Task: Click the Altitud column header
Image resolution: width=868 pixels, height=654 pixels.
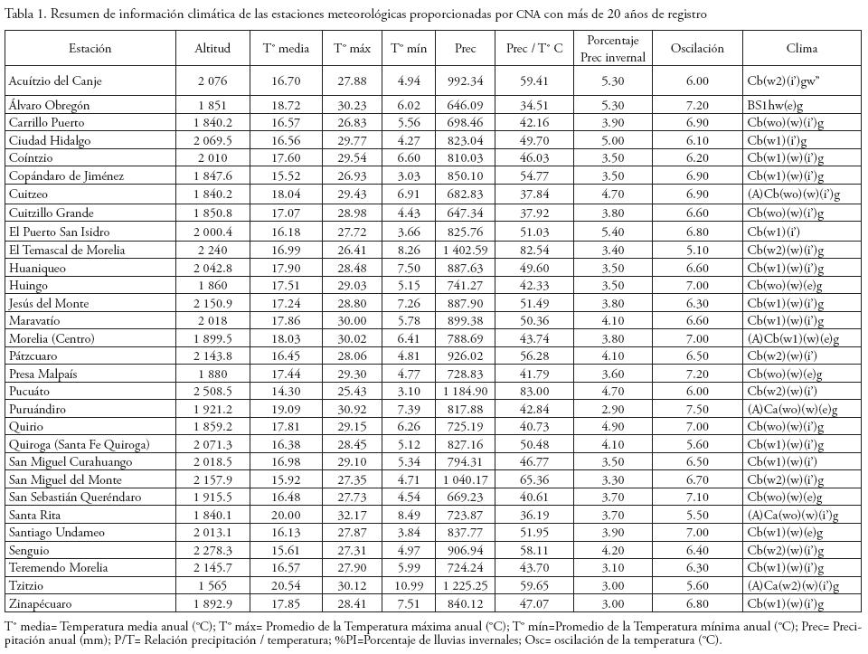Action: (x=213, y=48)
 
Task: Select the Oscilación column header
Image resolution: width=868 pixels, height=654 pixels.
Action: (x=696, y=48)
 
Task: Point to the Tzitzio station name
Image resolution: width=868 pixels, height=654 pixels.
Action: (x=28, y=586)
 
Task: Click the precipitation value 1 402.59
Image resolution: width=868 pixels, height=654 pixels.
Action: (x=467, y=250)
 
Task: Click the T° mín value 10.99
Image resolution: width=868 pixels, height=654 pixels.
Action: (x=408, y=586)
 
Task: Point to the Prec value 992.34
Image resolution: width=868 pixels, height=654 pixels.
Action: (x=467, y=81)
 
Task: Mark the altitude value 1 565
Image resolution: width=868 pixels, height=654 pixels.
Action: (x=213, y=586)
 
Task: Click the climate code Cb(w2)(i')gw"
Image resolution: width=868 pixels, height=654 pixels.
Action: (x=783, y=81)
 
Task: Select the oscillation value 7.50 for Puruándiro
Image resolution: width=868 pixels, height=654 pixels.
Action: (x=696, y=409)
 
